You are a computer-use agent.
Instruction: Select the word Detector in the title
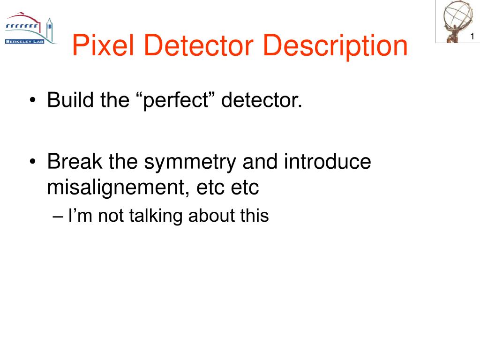click(191, 46)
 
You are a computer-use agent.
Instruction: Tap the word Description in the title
click(335, 46)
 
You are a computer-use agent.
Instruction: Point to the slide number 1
click(473, 37)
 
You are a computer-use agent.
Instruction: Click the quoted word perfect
click(176, 100)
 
